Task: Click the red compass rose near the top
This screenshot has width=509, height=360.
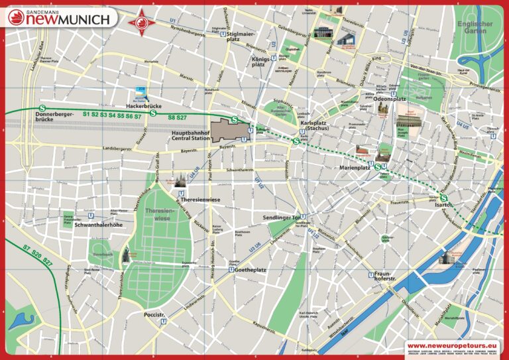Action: click(141, 22)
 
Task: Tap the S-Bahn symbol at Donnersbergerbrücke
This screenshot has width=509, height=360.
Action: click(42, 107)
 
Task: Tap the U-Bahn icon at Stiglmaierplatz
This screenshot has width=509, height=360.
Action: click(224, 35)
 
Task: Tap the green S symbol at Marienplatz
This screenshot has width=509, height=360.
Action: click(377, 167)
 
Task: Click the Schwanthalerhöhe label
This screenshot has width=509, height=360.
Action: click(99, 225)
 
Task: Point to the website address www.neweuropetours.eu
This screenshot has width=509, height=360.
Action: click(452, 345)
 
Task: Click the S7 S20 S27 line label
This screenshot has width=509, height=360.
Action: click(38, 255)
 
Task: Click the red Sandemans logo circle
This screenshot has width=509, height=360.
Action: click(15, 19)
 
